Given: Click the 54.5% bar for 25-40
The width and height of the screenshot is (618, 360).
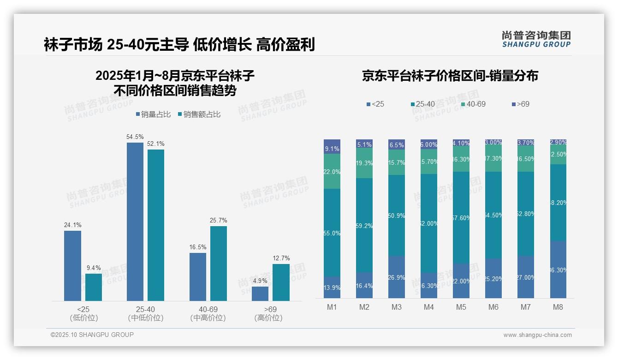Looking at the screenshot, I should (x=135, y=222).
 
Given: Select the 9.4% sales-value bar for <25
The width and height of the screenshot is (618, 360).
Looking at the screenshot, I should (x=94, y=287).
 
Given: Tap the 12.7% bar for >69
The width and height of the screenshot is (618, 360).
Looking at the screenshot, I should (x=281, y=282).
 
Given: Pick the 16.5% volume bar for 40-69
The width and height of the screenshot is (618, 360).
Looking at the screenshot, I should (x=197, y=276).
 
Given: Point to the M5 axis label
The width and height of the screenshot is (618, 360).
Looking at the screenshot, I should (x=461, y=307).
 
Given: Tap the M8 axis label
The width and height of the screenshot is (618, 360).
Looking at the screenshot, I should (x=558, y=307).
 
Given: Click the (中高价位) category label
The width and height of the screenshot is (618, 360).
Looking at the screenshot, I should (x=208, y=318).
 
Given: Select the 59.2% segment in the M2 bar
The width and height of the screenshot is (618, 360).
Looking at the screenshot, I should (x=364, y=225).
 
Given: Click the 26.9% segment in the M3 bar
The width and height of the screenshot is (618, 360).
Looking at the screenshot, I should (x=397, y=277).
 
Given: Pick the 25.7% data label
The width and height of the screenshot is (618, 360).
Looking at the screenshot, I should (x=218, y=221).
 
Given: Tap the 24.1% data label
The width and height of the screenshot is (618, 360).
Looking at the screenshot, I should (x=72, y=225).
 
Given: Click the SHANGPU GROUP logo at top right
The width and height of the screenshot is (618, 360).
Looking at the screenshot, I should (x=536, y=39).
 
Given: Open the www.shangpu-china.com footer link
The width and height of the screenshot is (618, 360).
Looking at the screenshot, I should (x=537, y=335).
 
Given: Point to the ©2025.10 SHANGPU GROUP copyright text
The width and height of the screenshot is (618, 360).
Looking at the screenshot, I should (x=92, y=335).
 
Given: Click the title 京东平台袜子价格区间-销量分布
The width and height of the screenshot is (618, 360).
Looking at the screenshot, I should (x=450, y=76).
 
